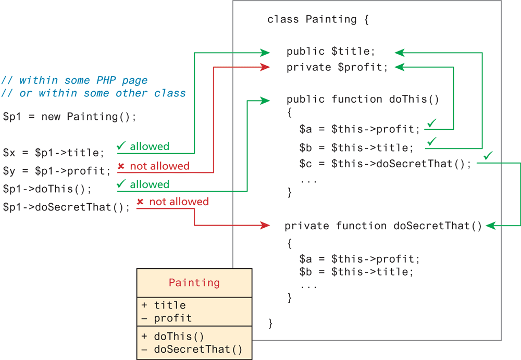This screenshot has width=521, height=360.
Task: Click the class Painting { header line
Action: (318, 20)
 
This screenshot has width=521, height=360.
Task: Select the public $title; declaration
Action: (331, 52)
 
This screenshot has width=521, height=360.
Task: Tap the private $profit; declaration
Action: (337, 67)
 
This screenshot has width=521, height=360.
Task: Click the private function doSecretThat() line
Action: (383, 226)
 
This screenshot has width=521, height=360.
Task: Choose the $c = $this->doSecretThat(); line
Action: (385, 164)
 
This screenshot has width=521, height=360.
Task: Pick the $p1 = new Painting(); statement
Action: (69, 116)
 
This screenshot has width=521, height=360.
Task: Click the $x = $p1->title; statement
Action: (54, 153)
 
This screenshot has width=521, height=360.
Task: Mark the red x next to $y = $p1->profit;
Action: (121, 166)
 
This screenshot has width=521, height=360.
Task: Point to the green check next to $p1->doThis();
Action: (121, 184)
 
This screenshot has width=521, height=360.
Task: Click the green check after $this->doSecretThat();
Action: (488, 156)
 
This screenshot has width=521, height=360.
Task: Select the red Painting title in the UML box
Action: (194, 283)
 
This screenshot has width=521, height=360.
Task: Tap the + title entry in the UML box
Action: (164, 305)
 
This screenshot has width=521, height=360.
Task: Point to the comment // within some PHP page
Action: (75, 80)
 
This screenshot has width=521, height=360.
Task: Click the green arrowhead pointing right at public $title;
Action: (265, 52)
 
